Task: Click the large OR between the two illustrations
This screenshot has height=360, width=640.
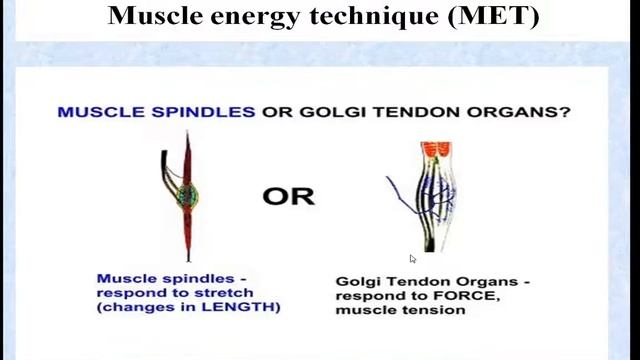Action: click(x=288, y=196)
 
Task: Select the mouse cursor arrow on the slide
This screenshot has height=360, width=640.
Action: click(x=413, y=259)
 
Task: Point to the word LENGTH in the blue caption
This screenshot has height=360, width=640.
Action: click(x=247, y=308)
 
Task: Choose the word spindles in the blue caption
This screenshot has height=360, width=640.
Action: click(x=195, y=278)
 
